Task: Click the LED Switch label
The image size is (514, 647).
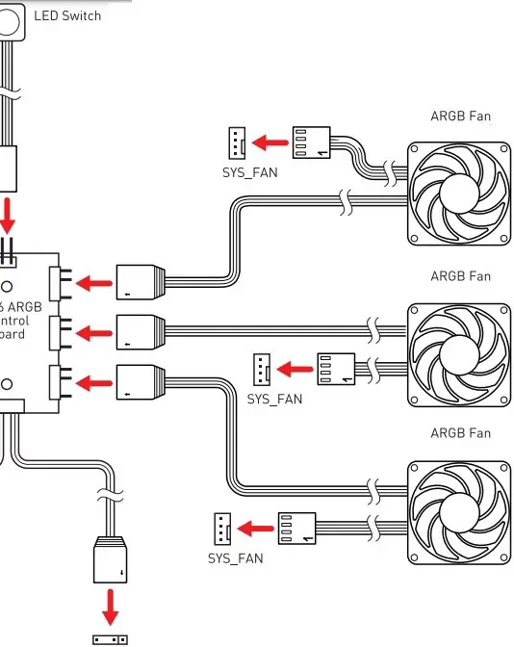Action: tap(66, 15)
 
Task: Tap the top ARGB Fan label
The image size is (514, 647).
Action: tap(460, 116)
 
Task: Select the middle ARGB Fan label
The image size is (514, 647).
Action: tap(460, 276)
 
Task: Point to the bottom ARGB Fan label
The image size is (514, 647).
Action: tap(460, 433)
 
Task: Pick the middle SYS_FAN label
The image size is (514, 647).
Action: tap(274, 399)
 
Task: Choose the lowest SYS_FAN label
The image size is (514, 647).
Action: tap(235, 558)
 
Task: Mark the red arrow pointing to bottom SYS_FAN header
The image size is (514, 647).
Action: tap(255, 528)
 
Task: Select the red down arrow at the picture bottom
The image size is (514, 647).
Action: tap(110, 607)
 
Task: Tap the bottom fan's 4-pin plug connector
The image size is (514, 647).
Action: tap(297, 528)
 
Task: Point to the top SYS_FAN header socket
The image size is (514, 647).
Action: tap(236, 144)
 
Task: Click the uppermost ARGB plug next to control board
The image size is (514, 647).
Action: tap(141, 282)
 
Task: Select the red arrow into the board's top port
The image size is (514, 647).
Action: tap(92, 283)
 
